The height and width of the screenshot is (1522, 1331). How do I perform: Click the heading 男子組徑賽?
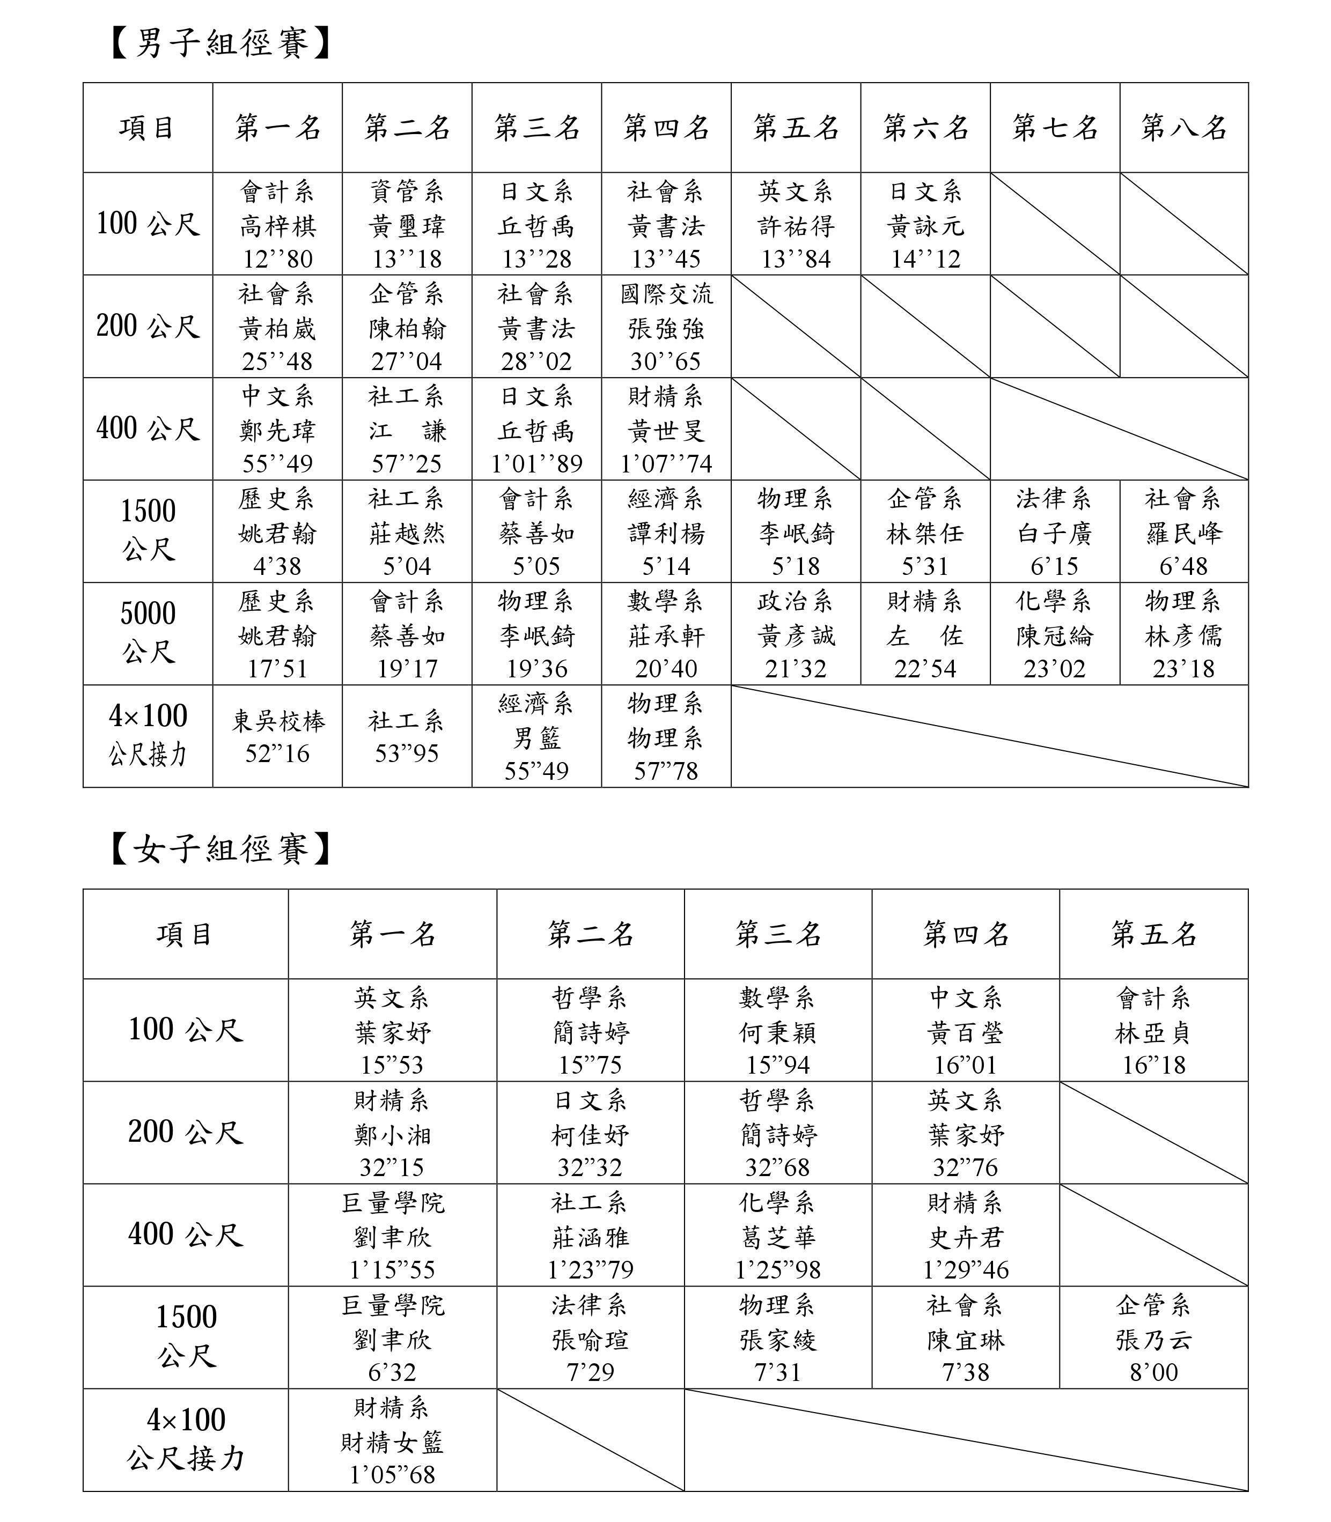(x=220, y=43)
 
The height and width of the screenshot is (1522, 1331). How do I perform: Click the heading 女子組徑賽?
(x=220, y=848)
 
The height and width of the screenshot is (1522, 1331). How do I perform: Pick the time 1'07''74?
(x=666, y=464)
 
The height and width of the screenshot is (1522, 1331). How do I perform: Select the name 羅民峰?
(x=1184, y=533)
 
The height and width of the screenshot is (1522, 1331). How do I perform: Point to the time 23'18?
(x=1184, y=669)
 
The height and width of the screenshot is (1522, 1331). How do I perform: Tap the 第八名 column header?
(x=1184, y=128)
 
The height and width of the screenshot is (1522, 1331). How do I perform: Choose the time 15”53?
(x=392, y=1066)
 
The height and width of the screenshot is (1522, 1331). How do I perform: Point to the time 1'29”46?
(x=966, y=1270)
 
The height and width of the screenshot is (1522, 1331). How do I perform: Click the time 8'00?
(x=1153, y=1372)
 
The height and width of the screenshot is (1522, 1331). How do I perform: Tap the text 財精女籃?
(x=392, y=1443)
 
